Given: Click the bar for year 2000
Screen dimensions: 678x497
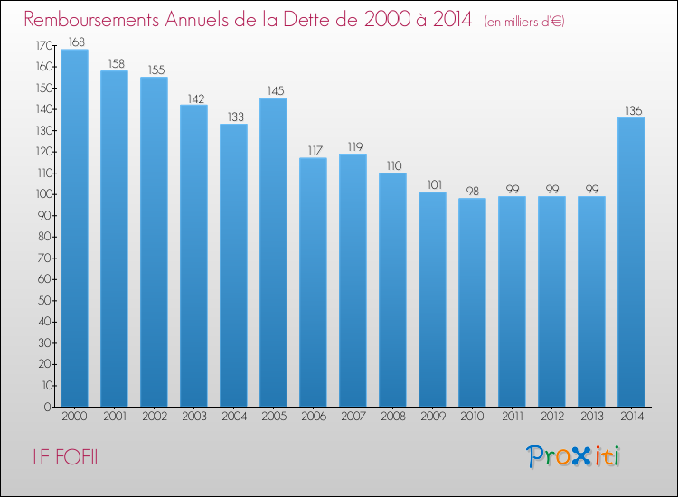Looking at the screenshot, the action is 74,228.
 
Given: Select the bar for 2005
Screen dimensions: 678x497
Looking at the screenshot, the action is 273,252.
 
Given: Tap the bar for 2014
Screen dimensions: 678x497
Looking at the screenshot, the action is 631,262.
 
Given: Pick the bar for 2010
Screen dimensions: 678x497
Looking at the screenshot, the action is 472,302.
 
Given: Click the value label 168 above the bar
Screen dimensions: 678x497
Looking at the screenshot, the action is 77,42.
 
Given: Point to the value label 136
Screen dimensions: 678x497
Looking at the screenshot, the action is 634,110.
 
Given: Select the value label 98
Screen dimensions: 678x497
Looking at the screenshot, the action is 473,191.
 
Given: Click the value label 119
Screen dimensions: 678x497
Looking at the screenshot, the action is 355,147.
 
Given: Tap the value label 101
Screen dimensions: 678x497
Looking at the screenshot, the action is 435,185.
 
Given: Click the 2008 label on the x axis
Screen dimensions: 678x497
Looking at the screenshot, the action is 393,417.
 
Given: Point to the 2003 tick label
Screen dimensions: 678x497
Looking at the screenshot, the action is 194,417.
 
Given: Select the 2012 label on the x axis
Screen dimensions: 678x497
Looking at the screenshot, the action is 552,417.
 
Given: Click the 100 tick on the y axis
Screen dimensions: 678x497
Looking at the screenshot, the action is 43,194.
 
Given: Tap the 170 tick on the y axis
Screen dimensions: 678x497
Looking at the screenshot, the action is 43,45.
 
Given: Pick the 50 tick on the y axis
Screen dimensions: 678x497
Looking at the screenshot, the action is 45,300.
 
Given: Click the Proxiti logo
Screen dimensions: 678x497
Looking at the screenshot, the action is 573,456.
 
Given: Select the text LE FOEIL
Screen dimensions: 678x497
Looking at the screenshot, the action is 67,457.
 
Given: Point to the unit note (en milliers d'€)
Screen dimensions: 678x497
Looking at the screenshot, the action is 524,22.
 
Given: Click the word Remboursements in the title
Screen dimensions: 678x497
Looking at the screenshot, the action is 91,20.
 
